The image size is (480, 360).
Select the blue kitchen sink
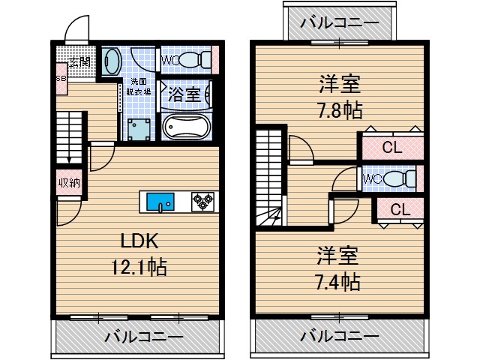click(160, 201)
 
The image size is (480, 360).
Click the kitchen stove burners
click(202, 200)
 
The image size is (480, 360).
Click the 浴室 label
click(183, 94)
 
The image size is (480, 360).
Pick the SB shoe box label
click(60, 77)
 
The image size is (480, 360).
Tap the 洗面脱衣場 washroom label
click(140, 86)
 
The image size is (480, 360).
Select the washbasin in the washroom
click(112, 60)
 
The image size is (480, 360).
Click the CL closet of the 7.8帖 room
click(391, 148)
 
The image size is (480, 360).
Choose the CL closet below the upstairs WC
click(400, 210)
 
